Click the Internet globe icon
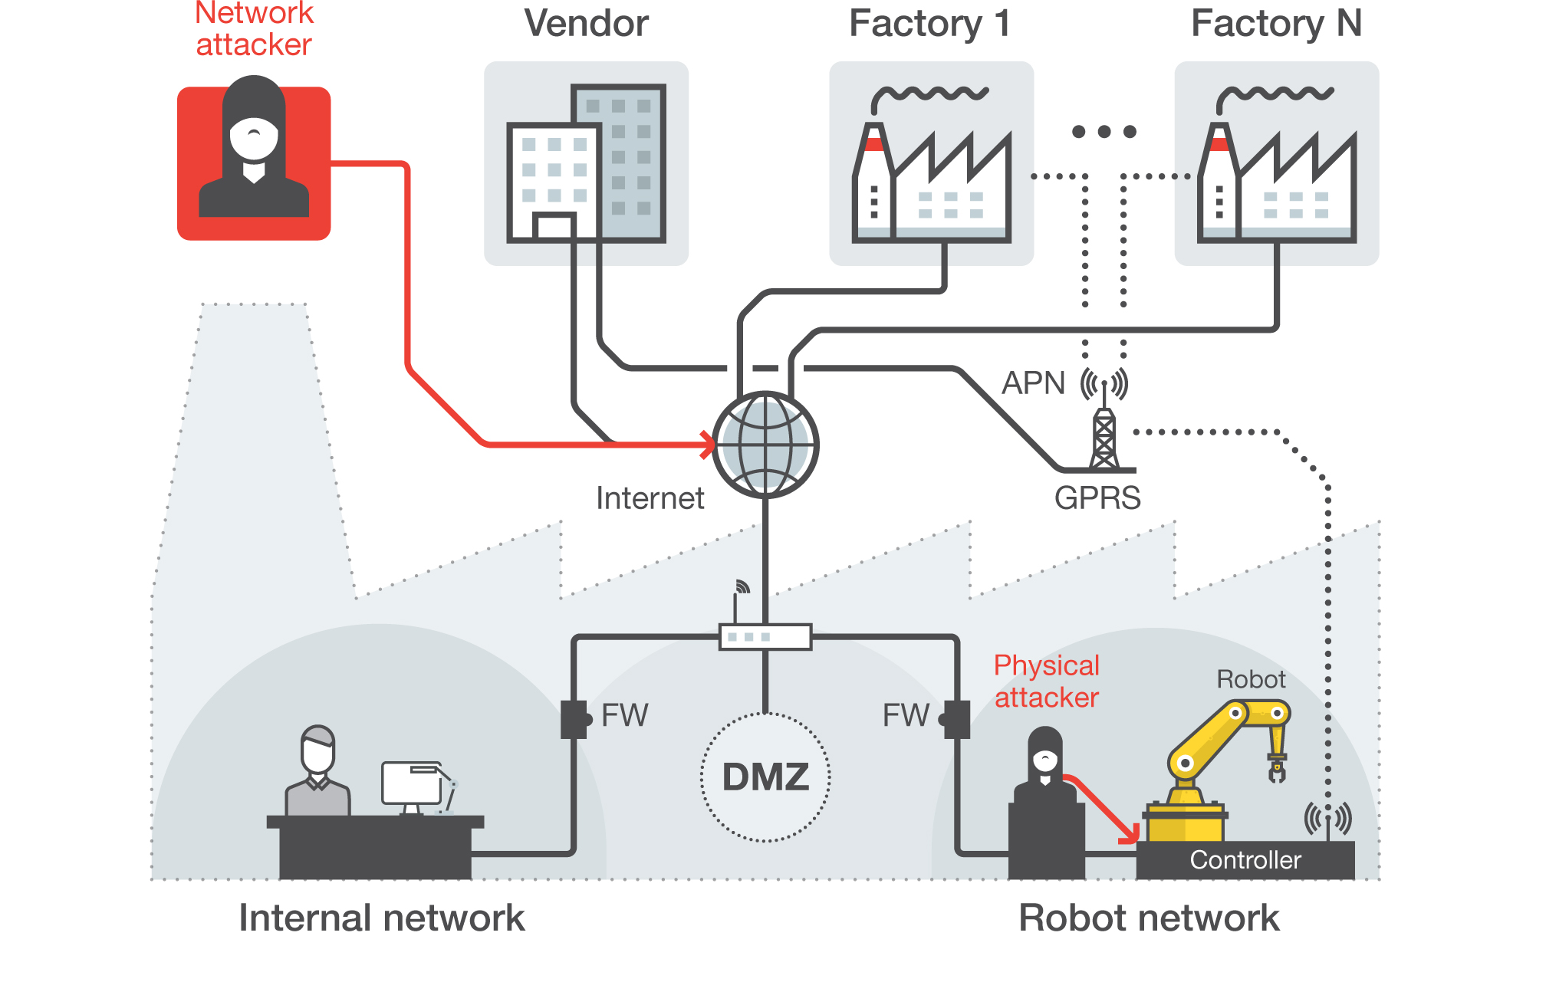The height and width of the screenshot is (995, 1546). point(765,445)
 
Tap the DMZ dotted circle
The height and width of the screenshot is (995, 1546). point(765,777)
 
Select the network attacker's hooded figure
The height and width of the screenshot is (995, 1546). point(254,149)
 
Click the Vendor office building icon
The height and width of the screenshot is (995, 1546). point(587,164)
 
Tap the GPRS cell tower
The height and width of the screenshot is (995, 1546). point(1104,437)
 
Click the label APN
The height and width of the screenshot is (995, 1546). point(1033,383)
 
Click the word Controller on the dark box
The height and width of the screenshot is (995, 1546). point(1245,860)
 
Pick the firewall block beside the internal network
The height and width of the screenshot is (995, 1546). point(574,719)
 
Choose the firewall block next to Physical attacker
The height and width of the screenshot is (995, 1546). point(956,719)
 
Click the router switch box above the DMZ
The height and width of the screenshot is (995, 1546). point(765,637)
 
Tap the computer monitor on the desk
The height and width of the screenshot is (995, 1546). point(412,783)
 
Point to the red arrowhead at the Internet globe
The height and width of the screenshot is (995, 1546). point(707,444)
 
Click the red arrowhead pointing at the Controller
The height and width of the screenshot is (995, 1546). point(1130,833)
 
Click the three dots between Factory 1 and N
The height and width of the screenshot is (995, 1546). point(1104,132)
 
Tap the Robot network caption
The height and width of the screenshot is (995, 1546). point(1148,918)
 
